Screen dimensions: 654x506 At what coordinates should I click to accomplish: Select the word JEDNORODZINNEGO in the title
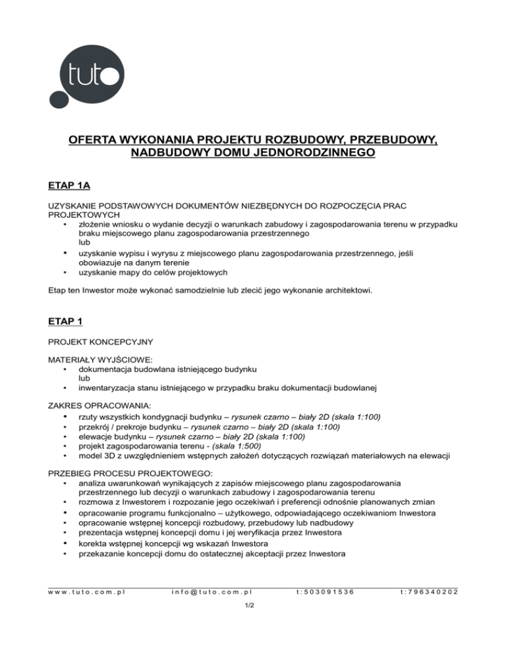point(316,153)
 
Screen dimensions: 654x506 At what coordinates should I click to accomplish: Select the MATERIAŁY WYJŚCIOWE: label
point(100,360)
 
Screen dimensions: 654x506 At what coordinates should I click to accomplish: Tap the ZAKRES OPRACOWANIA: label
point(96,405)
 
